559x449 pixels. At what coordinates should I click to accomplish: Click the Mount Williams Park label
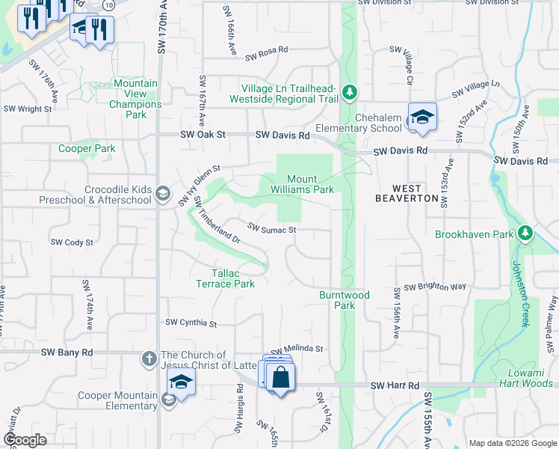[x=311, y=184]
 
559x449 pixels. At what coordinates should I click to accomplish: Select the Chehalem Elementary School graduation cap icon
[x=422, y=117]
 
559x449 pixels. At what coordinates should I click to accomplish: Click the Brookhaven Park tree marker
[x=526, y=234]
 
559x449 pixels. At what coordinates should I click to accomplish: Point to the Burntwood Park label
[x=345, y=300]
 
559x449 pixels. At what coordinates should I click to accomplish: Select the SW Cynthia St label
[x=191, y=323]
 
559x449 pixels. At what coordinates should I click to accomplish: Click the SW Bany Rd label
[x=67, y=352]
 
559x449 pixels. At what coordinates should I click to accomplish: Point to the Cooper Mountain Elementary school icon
[x=180, y=382]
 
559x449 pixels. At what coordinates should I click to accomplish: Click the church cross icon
[x=149, y=360]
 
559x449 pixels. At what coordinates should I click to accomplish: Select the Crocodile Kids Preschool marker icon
[x=161, y=195]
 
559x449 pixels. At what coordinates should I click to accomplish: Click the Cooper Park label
[x=87, y=148]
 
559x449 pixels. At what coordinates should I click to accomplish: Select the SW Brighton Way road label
[x=435, y=287]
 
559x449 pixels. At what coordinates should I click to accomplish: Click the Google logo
[x=24, y=440]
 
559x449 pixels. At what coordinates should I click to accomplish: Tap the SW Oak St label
[x=203, y=135]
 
